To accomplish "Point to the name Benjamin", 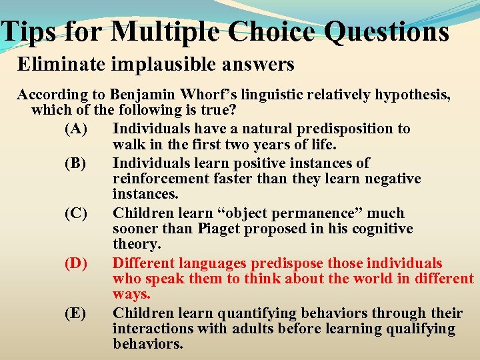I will (x=143, y=95).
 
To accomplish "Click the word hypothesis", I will (x=413, y=95).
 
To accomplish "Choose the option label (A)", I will (x=76, y=128).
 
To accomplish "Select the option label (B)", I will (x=76, y=163).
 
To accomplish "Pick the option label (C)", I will (x=76, y=213).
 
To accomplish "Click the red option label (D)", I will (x=76, y=263).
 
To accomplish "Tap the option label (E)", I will (x=76, y=313).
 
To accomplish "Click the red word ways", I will (x=131, y=294).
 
